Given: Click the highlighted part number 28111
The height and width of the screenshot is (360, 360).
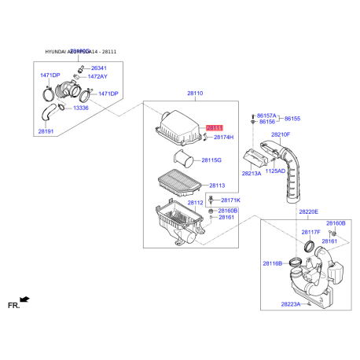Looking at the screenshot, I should tap(215, 127).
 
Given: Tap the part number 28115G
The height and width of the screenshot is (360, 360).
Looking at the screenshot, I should tap(211, 160).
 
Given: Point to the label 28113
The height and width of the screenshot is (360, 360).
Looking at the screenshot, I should tap(217, 186).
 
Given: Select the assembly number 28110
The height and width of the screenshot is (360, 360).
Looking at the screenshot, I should tap(195, 94).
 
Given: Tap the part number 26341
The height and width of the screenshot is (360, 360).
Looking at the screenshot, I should tap(98, 68).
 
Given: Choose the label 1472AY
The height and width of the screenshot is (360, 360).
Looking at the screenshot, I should tap(98, 77).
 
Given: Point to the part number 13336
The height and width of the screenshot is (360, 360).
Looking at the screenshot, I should tap(81, 107).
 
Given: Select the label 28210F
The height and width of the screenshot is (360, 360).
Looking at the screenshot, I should tap(281, 134).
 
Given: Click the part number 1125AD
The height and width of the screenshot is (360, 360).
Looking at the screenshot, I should tap(275, 171).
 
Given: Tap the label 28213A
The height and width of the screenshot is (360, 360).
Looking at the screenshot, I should tap(252, 173).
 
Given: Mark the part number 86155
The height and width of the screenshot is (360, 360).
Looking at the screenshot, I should tap(292, 118).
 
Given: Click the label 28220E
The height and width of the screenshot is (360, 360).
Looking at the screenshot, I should tap(308, 211).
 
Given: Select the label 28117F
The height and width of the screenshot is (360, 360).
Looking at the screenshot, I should tap(310, 232).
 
